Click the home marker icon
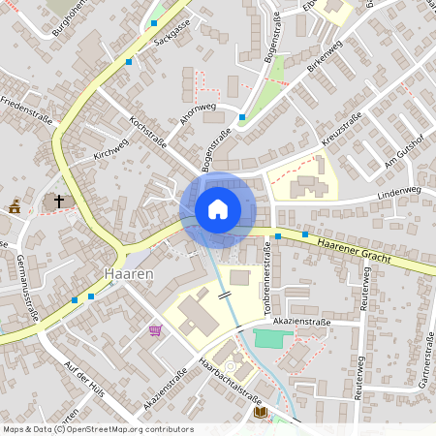(218, 209)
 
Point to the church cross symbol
(58, 202)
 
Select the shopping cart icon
(155, 330)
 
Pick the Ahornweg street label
(197, 114)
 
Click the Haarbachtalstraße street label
(229, 383)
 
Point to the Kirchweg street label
(110, 145)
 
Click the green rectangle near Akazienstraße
(271, 338)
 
